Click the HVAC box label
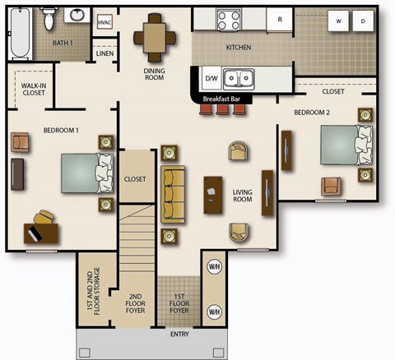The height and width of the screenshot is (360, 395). pyautogui.click(x=105, y=23)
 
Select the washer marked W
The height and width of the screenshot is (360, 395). pyautogui.click(x=337, y=22)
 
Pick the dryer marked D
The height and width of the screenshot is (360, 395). pyautogui.click(x=361, y=22)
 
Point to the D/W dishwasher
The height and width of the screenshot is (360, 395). pyautogui.click(x=211, y=79)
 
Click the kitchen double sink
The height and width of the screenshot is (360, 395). pyautogui.click(x=240, y=78)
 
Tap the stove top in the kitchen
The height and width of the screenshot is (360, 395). pyautogui.click(x=227, y=18)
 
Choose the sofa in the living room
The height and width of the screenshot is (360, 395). pyautogui.click(x=173, y=194)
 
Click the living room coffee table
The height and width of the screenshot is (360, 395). pyautogui.click(x=213, y=195)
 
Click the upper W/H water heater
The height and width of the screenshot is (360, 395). pyautogui.click(x=214, y=267)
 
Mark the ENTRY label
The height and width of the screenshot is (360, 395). pyautogui.click(x=179, y=335)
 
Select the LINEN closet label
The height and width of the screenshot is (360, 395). pyautogui.click(x=105, y=53)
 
